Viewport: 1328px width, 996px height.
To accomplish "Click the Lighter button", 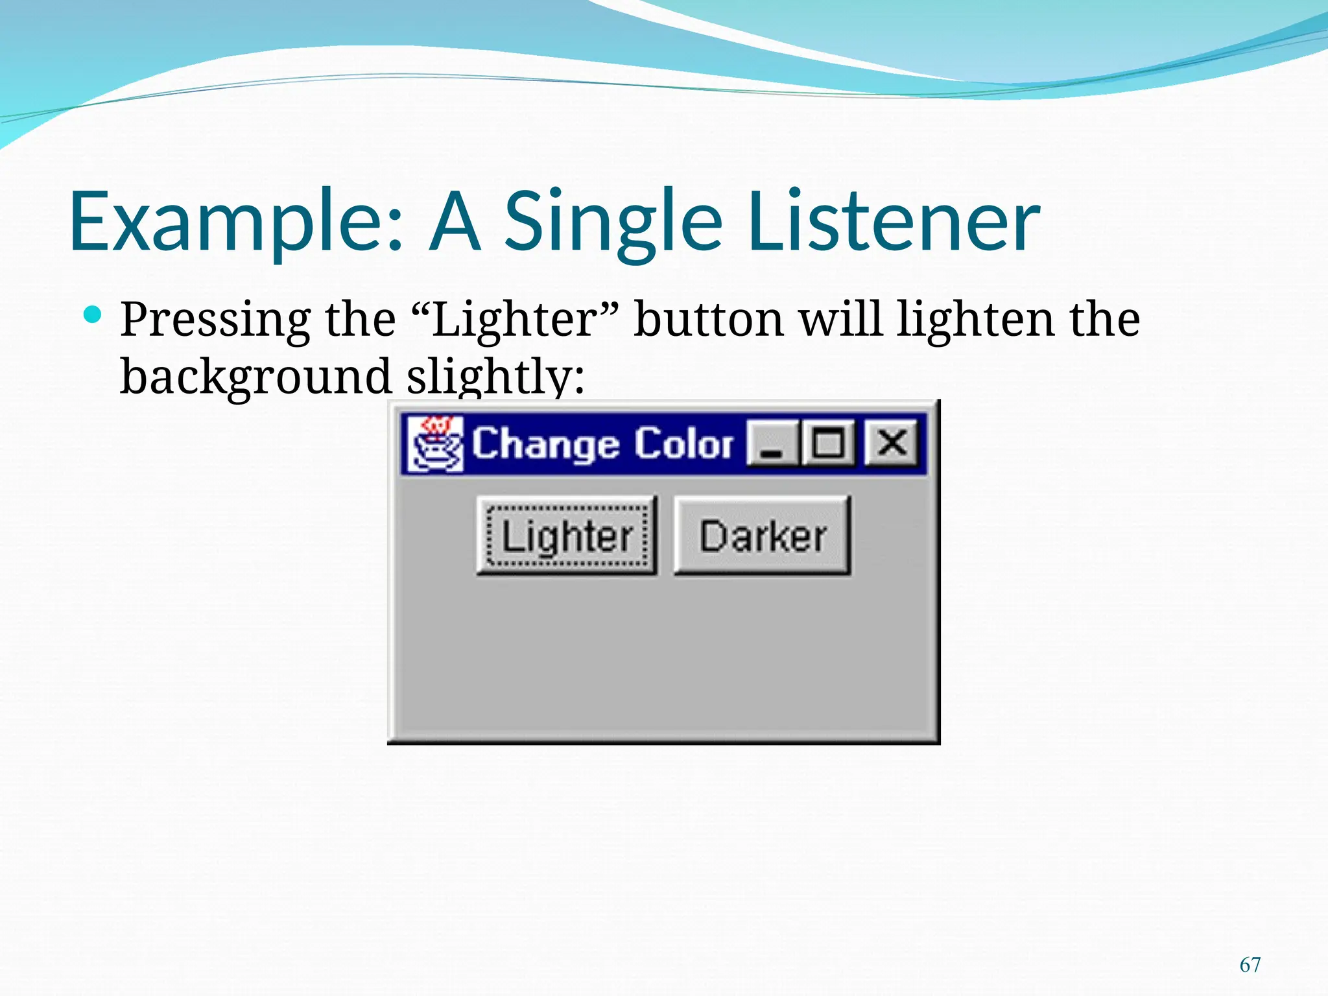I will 567,536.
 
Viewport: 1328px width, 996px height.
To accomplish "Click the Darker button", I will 762,536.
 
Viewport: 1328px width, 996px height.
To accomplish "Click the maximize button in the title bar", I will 828,443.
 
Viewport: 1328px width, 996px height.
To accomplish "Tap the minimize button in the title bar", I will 772,443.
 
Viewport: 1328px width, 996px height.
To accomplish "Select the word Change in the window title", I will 545,444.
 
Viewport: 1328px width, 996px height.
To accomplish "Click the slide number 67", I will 1250,965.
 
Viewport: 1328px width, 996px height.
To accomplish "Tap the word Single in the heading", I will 613,222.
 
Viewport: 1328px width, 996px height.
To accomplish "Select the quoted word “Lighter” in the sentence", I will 515,320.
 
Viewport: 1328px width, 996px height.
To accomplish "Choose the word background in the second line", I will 256,377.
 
